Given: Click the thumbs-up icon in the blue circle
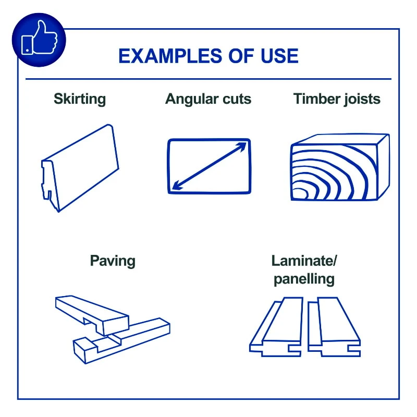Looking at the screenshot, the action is pyautogui.click(x=39, y=38).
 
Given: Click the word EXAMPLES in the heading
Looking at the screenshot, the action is pyautogui.click(x=170, y=56).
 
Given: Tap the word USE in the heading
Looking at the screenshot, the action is pyautogui.click(x=279, y=56).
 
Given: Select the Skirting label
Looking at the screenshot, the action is pyautogui.click(x=80, y=100).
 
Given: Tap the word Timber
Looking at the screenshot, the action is pyautogui.click(x=316, y=99).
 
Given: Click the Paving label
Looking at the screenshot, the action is pyautogui.click(x=113, y=261).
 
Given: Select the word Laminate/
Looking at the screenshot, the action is pyautogui.click(x=304, y=261).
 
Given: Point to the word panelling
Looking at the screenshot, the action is pyautogui.click(x=304, y=279).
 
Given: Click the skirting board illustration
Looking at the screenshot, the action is pyautogui.click(x=80, y=168).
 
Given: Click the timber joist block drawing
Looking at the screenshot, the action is pyautogui.click(x=340, y=167).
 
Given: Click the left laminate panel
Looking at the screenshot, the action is pyautogui.click(x=277, y=327).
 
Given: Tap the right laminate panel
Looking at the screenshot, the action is pyautogui.click(x=334, y=327).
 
